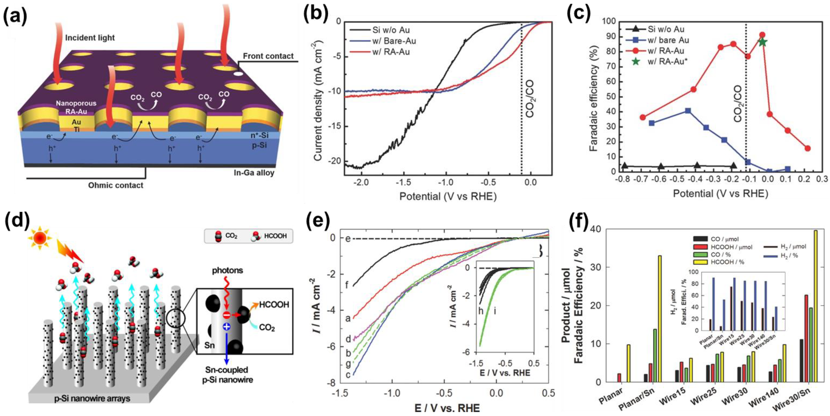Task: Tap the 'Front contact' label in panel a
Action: click(268, 56)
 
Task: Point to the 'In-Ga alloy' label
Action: click(254, 173)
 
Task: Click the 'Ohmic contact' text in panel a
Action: click(116, 185)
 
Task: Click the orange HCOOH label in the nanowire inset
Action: click(274, 305)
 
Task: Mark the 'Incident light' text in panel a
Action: click(90, 38)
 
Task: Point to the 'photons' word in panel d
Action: click(227, 270)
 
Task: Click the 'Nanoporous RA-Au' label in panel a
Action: click(76, 107)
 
